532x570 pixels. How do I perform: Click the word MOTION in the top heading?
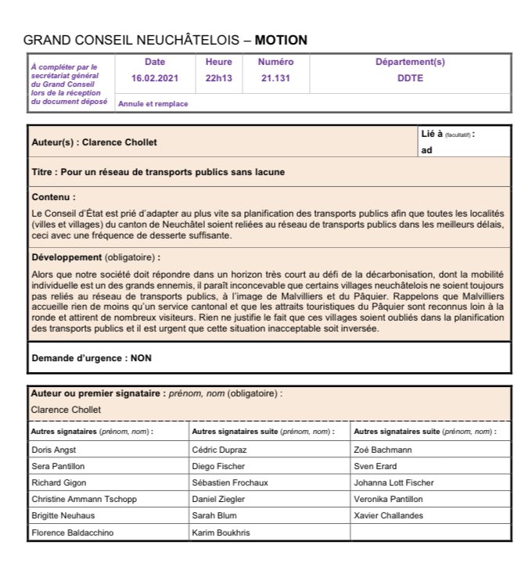click(x=281, y=40)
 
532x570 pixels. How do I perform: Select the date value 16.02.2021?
click(x=155, y=77)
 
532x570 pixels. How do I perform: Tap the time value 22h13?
click(x=218, y=77)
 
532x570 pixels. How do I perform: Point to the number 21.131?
click(x=275, y=77)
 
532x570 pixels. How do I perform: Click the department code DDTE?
click(x=410, y=77)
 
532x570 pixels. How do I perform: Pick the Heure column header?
click(x=218, y=62)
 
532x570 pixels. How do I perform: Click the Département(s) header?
click(x=410, y=62)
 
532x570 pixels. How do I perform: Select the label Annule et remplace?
click(x=153, y=103)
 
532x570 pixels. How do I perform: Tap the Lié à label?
click(x=432, y=134)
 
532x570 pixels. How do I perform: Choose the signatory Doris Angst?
click(x=53, y=450)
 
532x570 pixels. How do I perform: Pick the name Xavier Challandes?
click(x=388, y=516)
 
